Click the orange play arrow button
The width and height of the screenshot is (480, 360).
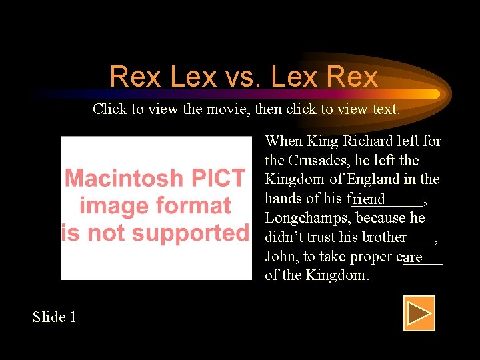[419, 313]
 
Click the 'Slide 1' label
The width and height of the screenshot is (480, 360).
[55, 317]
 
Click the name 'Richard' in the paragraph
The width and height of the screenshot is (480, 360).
[367, 141]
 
